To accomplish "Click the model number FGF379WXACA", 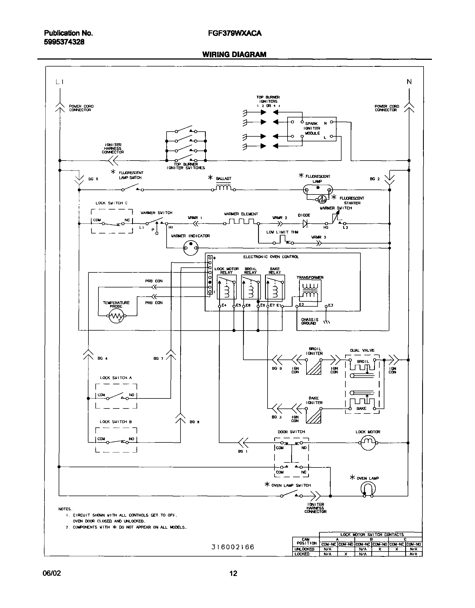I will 234,33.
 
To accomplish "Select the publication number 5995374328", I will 64,42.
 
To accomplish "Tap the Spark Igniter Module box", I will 312,129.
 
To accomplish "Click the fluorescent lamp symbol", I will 318,190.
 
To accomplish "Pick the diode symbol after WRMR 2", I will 305,223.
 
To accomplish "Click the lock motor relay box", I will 226,287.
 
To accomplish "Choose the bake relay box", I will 275,287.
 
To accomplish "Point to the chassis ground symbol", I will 327,322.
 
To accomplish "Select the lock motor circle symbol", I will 368,442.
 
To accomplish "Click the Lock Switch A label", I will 116,378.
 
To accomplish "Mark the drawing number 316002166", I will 232,547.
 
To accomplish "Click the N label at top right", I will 409,82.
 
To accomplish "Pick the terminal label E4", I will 224,305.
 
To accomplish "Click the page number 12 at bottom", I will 233,573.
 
